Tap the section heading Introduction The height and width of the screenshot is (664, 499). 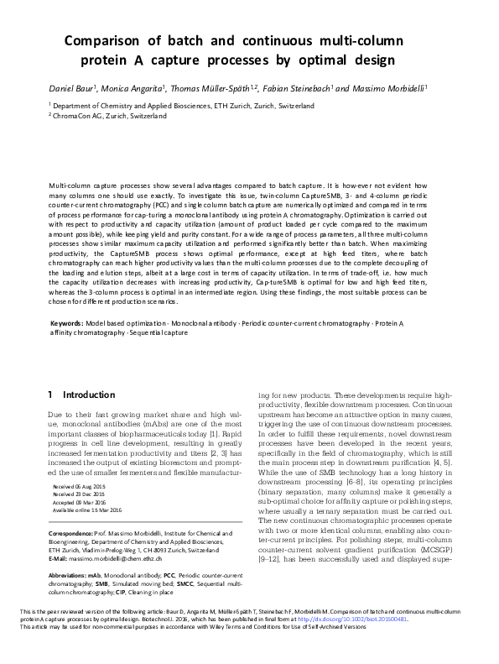pyautogui.click(x=91, y=395)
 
